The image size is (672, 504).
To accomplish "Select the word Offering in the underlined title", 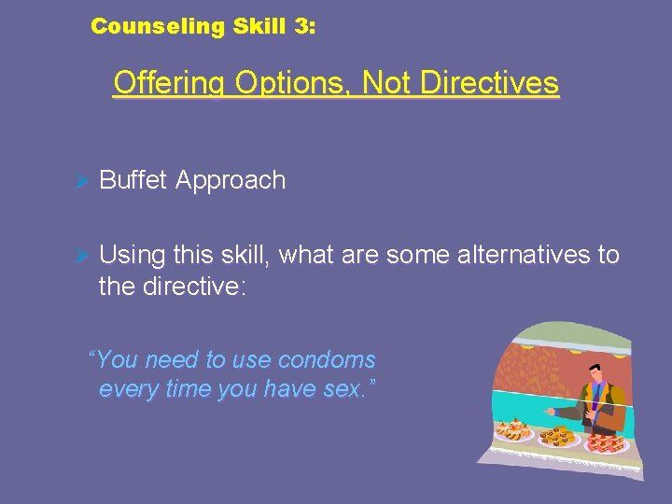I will click(x=169, y=83).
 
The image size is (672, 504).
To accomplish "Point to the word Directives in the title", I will click(x=490, y=83).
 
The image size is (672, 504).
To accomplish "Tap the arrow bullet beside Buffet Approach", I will click(x=80, y=181).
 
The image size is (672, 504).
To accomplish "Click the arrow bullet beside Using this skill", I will click(x=80, y=256).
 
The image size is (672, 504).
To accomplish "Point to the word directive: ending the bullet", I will click(x=195, y=287).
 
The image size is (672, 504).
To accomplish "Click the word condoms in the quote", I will click(x=328, y=359).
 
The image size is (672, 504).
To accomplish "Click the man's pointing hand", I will click(x=551, y=411).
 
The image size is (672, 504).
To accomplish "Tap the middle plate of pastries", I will click(x=558, y=436).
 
